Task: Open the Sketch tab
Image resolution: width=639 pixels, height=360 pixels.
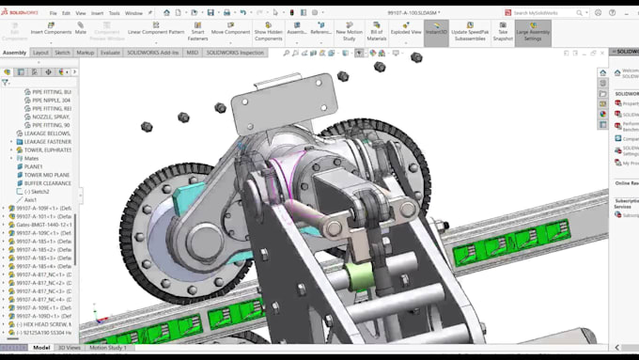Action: (x=62, y=53)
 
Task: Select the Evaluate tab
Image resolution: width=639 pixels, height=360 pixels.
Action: (x=110, y=53)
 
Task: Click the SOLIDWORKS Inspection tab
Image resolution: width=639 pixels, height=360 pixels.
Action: (x=235, y=53)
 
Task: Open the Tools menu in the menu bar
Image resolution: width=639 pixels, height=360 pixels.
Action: (x=114, y=13)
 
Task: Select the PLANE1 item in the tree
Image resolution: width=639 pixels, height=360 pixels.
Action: (x=34, y=166)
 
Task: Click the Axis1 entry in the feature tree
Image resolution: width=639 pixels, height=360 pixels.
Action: (x=31, y=199)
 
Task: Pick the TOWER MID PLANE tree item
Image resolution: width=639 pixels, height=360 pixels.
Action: (x=47, y=175)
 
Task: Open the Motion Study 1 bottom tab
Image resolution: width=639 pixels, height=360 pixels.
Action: (x=107, y=348)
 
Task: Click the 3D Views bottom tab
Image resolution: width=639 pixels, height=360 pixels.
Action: (x=69, y=348)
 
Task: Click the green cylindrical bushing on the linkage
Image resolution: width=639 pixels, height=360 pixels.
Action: (x=357, y=276)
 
